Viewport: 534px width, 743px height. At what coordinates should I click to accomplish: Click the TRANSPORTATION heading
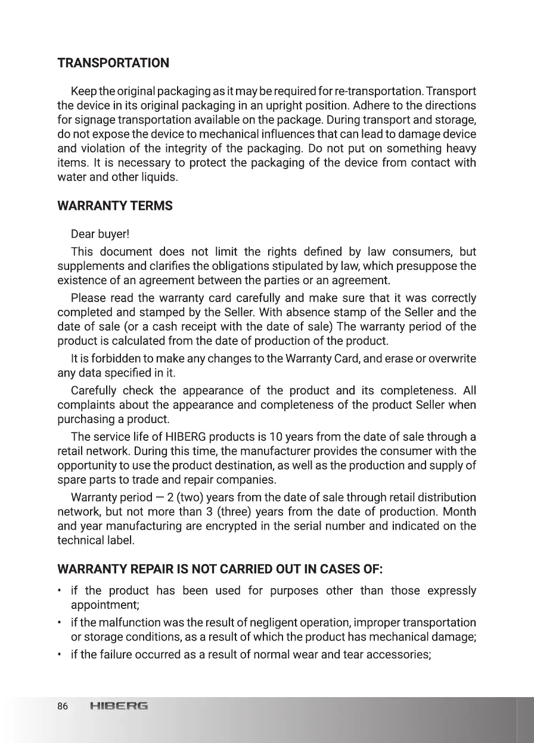[113, 63]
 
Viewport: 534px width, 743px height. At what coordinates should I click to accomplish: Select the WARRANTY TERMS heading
[115, 206]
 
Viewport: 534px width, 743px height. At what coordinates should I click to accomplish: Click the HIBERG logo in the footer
[119, 707]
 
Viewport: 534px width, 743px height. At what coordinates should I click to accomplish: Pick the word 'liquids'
[158, 177]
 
